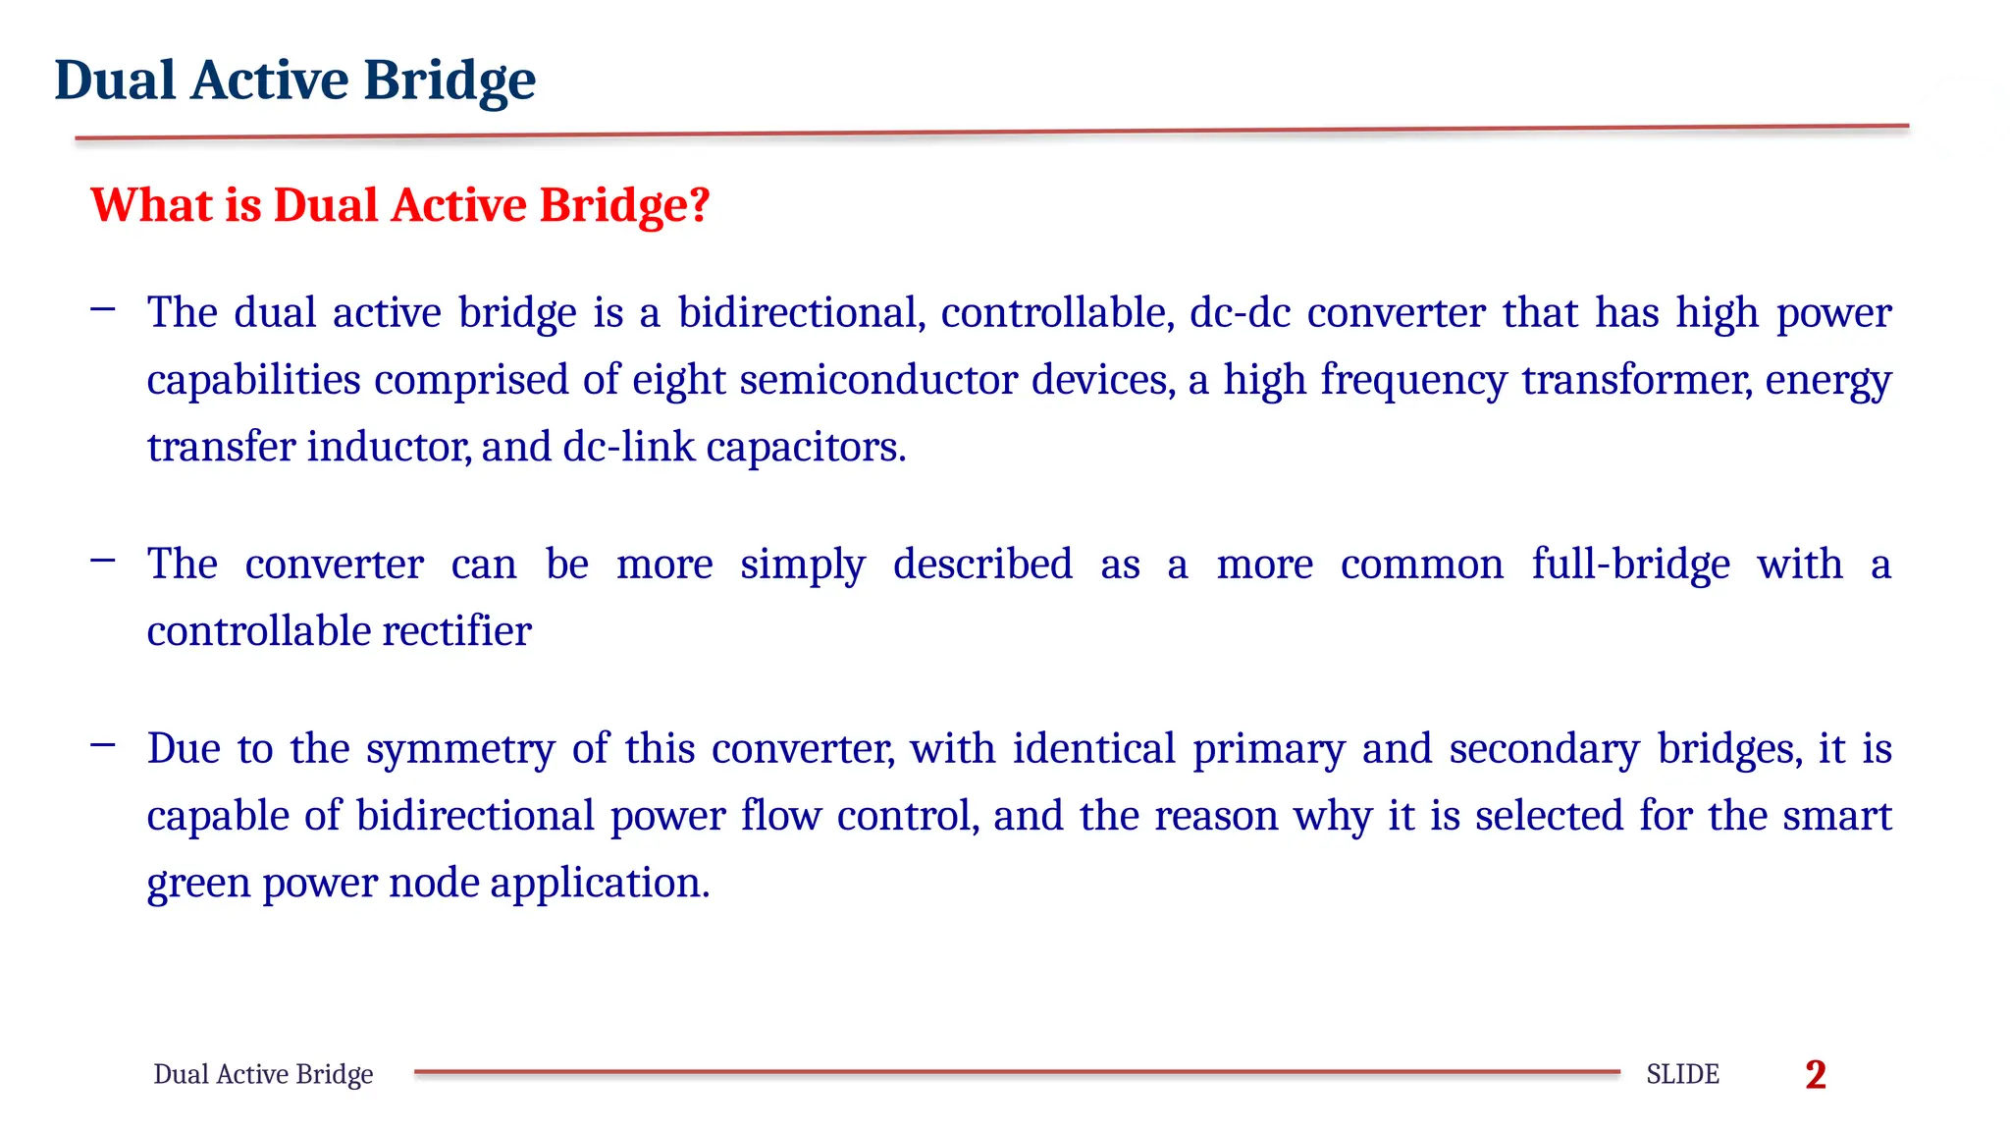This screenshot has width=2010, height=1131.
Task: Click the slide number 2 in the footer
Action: tap(1815, 1074)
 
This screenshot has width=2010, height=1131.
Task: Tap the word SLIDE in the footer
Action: tap(1682, 1074)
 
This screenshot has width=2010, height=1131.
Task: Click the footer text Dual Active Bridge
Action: tap(263, 1074)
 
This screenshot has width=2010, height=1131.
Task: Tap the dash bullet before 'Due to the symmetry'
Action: tap(102, 746)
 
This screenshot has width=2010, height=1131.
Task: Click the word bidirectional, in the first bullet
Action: tap(802, 312)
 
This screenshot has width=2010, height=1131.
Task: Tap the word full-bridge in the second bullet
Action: tap(1630, 565)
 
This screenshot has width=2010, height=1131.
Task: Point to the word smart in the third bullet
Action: tap(1836, 816)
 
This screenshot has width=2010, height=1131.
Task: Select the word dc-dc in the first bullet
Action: tap(1240, 312)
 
